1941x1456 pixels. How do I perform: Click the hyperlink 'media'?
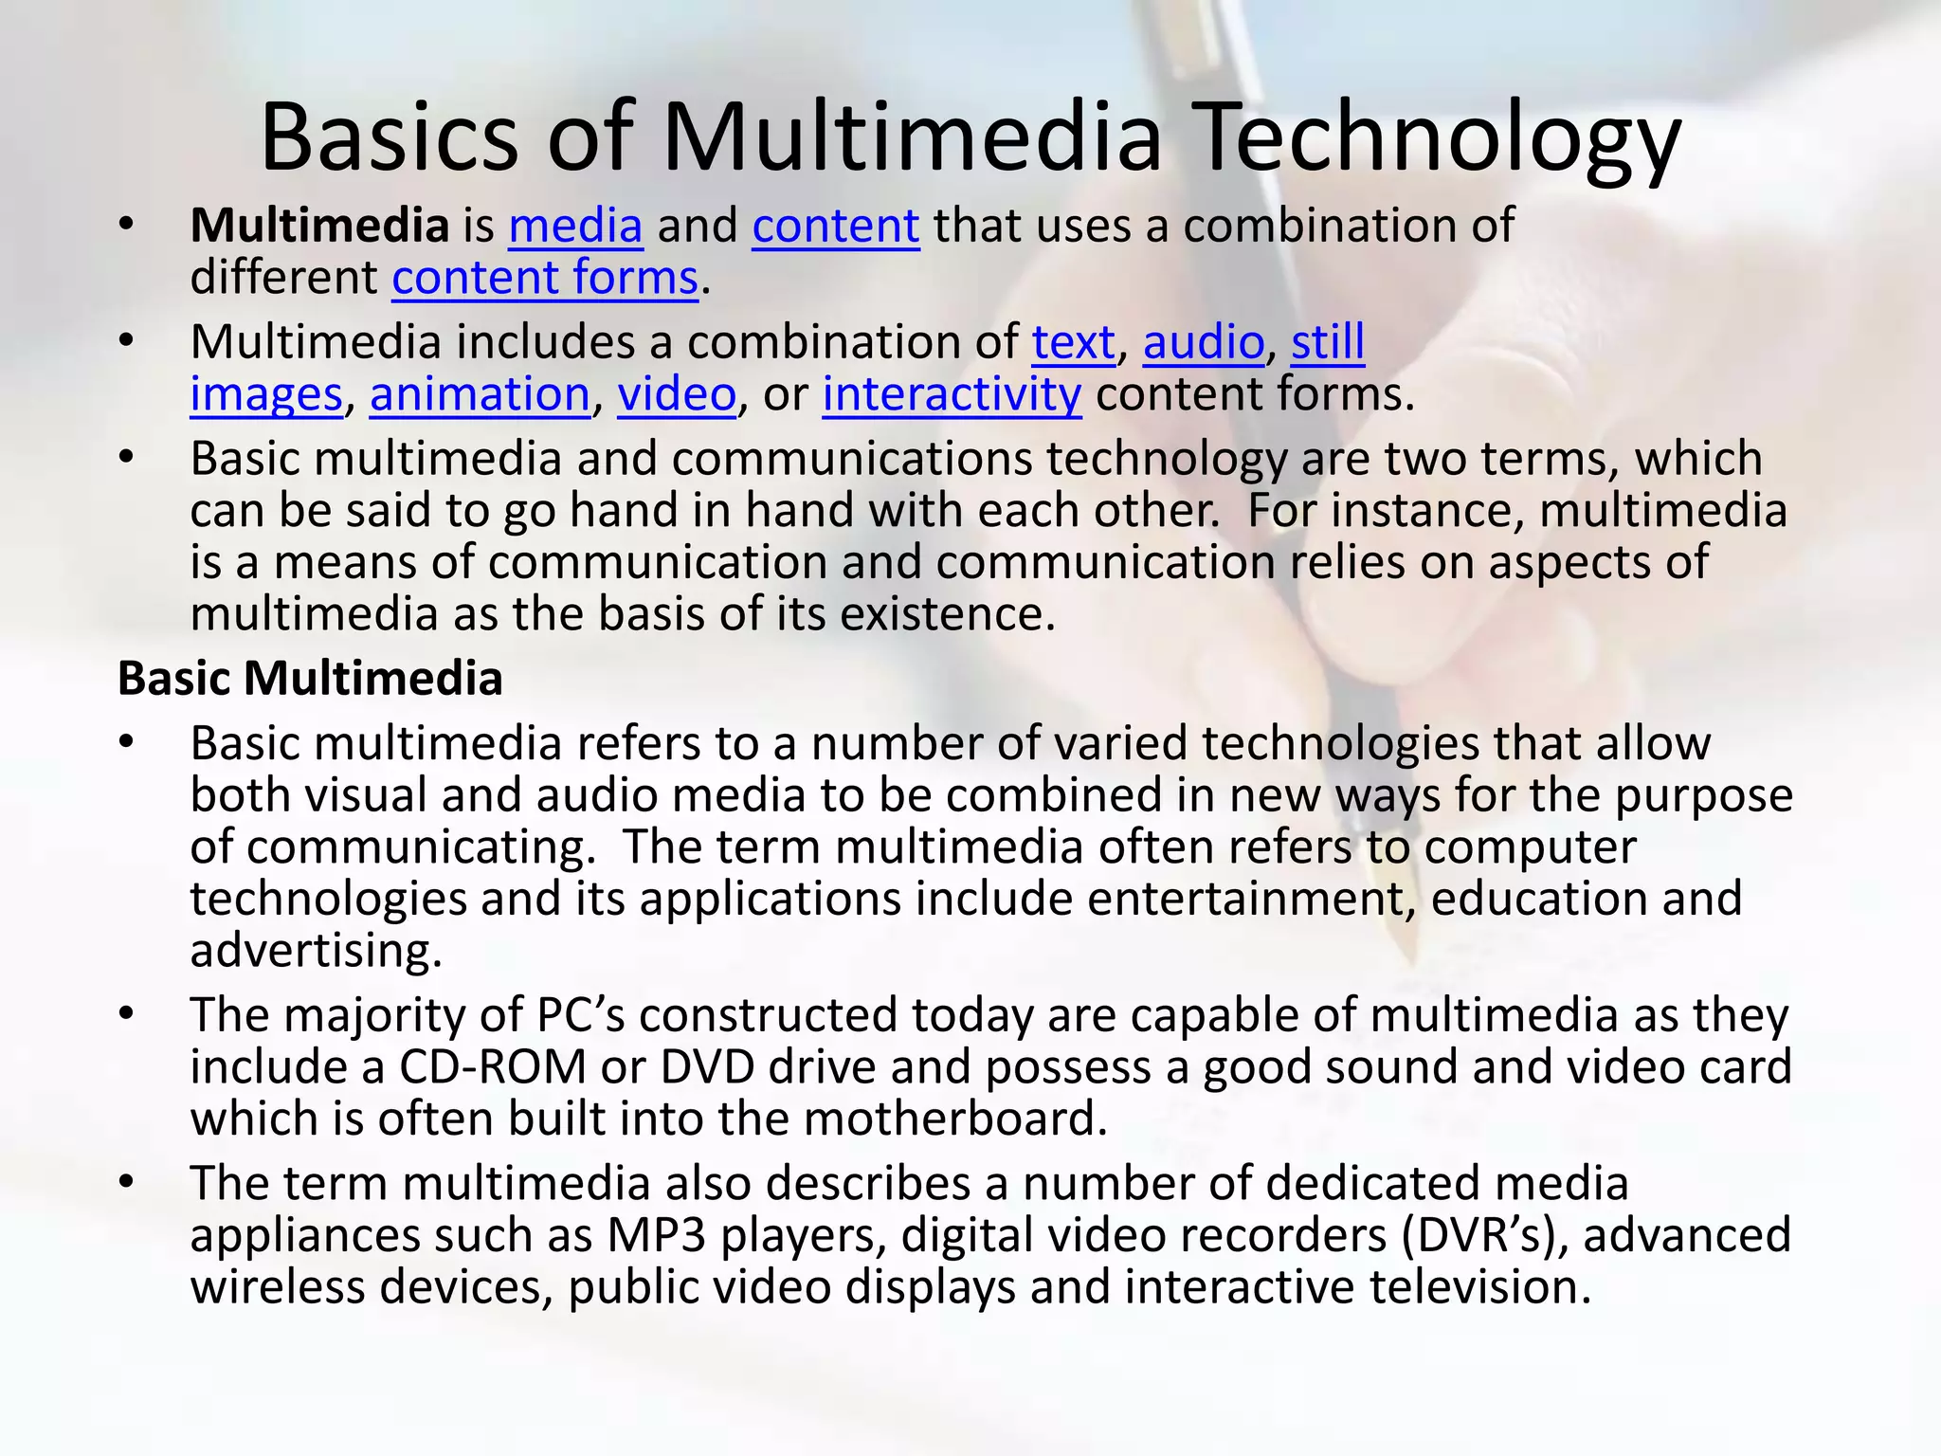point(575,227)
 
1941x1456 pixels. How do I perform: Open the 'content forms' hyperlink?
point(545,279)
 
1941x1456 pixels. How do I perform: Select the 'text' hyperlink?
point(1073,342)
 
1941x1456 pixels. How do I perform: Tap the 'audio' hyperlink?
point(1203,342)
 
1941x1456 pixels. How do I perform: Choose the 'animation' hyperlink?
point(480,394)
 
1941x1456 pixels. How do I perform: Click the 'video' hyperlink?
point(677,394)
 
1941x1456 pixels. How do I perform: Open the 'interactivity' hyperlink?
point(952,394)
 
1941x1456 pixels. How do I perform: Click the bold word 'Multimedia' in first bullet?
point(319,227)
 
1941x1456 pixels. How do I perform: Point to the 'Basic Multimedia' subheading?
point(310,679)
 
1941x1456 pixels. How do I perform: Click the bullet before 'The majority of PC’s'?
point(127,1015)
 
